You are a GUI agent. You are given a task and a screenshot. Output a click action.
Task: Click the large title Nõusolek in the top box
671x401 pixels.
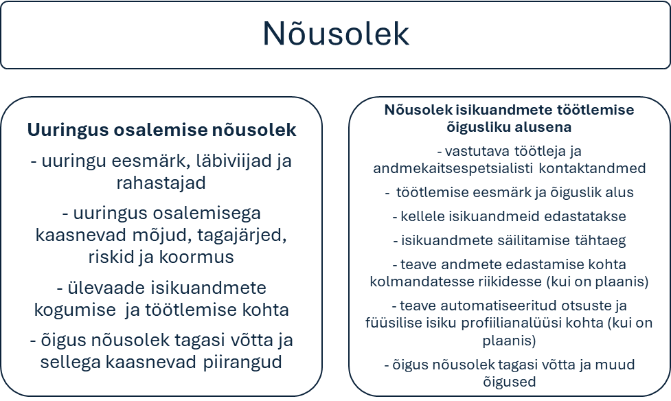click(x=336, y=34)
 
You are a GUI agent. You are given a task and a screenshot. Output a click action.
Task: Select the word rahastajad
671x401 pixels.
click(x=161, y=183)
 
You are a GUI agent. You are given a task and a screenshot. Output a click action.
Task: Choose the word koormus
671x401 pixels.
click(x=196, y=257)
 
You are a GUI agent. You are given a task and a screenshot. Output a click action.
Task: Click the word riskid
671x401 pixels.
click(x=108, y=257)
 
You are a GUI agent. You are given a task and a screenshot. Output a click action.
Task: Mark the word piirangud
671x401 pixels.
click(x=242, y=363)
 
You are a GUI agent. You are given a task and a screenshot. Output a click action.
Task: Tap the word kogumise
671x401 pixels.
click(x=75, y=310)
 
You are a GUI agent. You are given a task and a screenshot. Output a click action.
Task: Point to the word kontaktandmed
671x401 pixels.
click(x=592, y=168)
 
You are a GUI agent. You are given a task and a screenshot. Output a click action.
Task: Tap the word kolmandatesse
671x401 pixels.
click(x=413, y=282)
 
